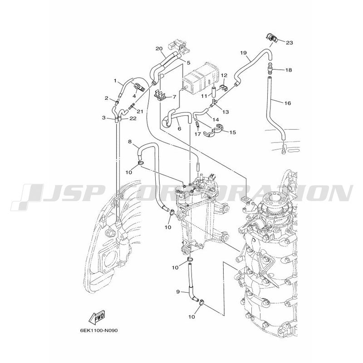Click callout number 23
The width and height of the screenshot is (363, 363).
coord(289,43)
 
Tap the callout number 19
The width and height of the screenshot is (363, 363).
coord(243,53)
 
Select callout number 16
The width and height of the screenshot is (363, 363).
coord(288,103)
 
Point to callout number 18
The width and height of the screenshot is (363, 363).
coord(289,70)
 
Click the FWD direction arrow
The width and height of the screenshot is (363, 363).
coord(97,317)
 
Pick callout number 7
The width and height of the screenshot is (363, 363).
coord(174,97)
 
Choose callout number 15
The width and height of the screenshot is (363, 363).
coord(232,132)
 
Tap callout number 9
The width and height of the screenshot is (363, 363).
coord(178,292)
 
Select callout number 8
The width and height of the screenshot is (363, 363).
coord(130,142)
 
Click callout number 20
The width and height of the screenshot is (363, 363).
coord(159,49)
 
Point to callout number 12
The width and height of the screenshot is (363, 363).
coord(224,75)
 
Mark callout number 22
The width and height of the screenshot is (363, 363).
coord(133,118)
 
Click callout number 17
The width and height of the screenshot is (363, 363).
coord(197,134)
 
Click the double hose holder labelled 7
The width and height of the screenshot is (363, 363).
coord(160,95)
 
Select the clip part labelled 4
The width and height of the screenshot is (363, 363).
coord(139,87)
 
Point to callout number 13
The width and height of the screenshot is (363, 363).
coord(226,112)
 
